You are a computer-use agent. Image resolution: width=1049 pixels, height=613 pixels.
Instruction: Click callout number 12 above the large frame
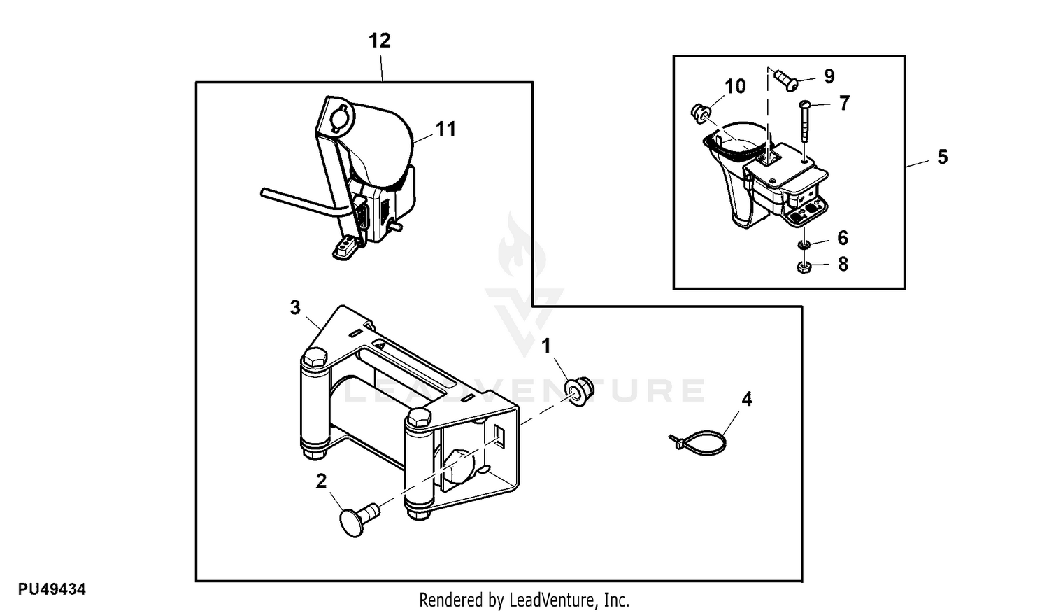point(379,41)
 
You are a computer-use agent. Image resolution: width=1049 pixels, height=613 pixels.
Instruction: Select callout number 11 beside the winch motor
point(445,129)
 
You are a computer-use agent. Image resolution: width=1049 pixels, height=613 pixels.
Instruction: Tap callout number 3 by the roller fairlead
point(295,308)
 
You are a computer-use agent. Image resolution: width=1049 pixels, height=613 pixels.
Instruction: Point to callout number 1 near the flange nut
point(546,346)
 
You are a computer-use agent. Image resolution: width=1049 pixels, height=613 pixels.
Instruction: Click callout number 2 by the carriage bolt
point(321,481)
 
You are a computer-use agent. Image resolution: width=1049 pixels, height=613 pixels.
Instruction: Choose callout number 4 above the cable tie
point(747,400)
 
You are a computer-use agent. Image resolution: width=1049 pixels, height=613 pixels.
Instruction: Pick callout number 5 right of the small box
point(943,157)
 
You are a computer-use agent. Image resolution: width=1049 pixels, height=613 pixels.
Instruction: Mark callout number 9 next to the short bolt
point(829,76)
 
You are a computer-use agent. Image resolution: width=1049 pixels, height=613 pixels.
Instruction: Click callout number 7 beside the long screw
point(844,103)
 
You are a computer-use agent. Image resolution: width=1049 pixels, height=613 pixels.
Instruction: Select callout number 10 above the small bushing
point(735,86)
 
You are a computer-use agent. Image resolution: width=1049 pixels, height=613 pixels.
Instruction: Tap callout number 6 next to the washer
point(843,238)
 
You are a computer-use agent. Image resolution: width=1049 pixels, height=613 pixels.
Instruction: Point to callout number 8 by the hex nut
point(843,265)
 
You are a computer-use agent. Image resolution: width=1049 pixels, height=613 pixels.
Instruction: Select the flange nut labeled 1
point(580,390)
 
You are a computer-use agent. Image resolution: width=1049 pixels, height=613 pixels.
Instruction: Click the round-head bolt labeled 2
point(359,519)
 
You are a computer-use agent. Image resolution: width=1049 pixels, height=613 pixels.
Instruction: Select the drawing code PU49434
point(52,589)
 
